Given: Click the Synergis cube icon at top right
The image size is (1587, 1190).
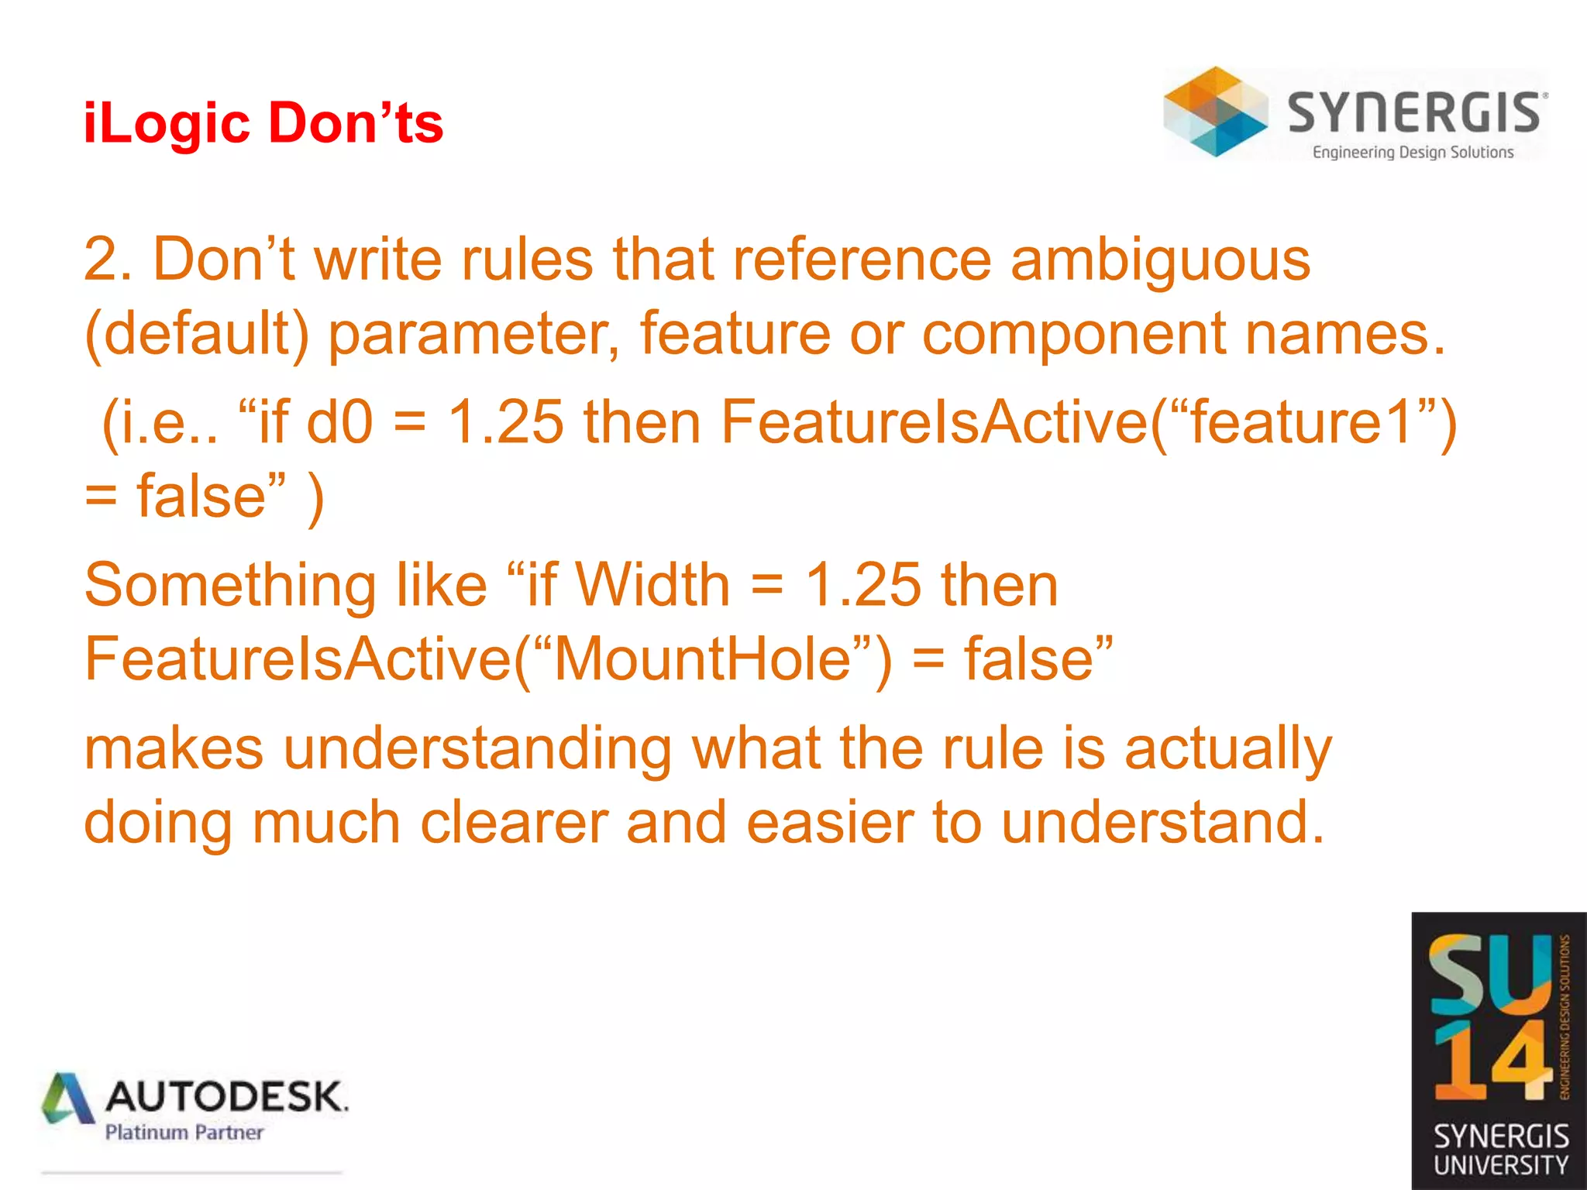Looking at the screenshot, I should [x=1215, y=112].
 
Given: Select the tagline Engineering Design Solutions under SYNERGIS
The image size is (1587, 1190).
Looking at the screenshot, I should [x=1413, y=153].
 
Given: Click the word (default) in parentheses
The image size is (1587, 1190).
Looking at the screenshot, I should [x=197, y=334].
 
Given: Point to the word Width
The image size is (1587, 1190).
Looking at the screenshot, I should [x=652, y=585].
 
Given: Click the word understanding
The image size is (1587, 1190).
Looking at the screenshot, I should [x=477, y=750].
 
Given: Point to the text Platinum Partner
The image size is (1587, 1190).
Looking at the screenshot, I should [x=184, y=1133].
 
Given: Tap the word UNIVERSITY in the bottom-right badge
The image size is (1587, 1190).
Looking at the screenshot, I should [x=1500, y=1165].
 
